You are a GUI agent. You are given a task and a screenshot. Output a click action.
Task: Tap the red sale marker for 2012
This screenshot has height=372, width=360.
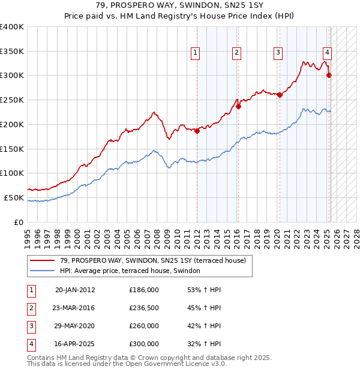click(x=197, y=131)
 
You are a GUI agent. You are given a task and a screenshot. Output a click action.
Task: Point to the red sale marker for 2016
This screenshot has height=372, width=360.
click(x=238, y=107)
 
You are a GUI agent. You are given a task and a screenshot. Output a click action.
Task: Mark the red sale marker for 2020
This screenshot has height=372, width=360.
click(x=280, y=95)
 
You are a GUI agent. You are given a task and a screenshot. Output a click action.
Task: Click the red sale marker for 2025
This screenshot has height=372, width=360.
click(x=329, y=75)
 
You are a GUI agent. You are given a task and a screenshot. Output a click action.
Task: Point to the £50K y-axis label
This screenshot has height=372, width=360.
click(x=14, y=197)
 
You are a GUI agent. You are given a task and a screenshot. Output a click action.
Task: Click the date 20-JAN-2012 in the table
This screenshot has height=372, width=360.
click(x=75, y=290)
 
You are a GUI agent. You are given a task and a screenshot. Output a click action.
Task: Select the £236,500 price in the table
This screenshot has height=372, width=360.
click(x=143, y=308)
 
